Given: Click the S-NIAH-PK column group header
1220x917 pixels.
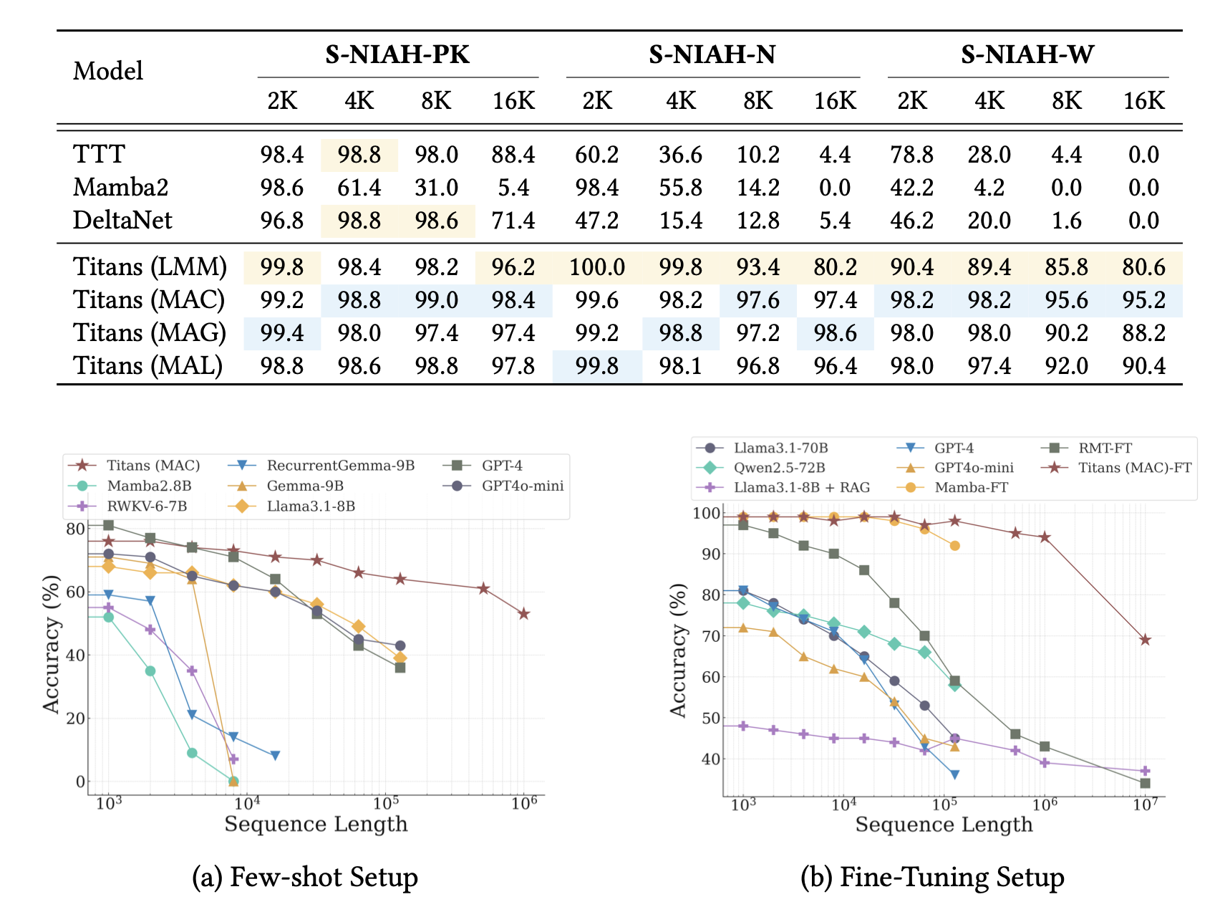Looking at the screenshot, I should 397,55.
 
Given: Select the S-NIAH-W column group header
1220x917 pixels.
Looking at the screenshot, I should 1027,55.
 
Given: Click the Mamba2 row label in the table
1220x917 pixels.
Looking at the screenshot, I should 120,188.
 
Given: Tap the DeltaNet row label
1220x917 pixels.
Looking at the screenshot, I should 122,220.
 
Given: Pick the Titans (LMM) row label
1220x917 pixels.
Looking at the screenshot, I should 150,267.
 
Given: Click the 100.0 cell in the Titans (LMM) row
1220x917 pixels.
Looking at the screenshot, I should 597,267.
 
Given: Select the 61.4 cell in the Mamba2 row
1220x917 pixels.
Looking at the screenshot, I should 359,188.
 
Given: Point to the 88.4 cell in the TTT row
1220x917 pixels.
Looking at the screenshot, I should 513,155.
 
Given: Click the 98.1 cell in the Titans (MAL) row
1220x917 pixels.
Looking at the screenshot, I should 680,366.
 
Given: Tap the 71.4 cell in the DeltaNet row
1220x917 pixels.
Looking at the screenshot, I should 513,220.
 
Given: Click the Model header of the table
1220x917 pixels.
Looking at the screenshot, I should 108,71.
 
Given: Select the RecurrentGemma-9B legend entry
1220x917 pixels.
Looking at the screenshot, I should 340,466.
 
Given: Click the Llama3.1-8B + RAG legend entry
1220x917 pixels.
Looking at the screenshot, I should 801,488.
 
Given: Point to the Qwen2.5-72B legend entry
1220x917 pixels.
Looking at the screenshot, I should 779,468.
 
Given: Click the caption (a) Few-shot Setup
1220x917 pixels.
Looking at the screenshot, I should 305,878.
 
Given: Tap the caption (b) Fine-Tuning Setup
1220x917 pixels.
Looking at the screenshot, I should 932,878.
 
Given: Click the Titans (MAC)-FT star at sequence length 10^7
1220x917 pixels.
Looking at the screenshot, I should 1145,640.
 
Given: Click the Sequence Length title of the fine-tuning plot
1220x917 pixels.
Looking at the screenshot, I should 944,825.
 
